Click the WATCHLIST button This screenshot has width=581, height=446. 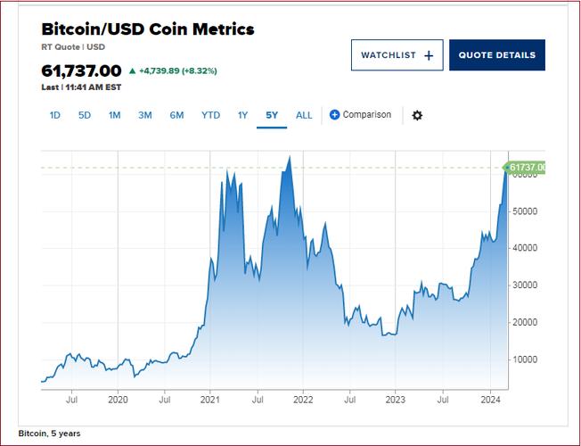tap(397, 55)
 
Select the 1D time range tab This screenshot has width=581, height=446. tap(55, 115)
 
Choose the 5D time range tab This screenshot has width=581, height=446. tap(85, 115)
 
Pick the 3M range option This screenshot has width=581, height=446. tap(145, 115)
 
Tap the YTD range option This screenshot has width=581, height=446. tap(210, 115)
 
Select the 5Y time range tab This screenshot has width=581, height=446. tap(272, 115)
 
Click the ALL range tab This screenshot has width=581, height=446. tap(304, 115)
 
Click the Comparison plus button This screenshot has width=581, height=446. tap(335, 115)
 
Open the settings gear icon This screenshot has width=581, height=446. tap(417, 115)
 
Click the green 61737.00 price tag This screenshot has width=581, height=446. tap(526, 167)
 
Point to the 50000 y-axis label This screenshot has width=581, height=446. tap(526, 211)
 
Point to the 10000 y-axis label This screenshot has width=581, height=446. tap(526, 359)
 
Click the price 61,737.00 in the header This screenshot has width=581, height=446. tap(81, 70)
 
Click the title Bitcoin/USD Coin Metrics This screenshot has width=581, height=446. tap(148, 29)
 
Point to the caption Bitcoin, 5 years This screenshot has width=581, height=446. tap(49, 434)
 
